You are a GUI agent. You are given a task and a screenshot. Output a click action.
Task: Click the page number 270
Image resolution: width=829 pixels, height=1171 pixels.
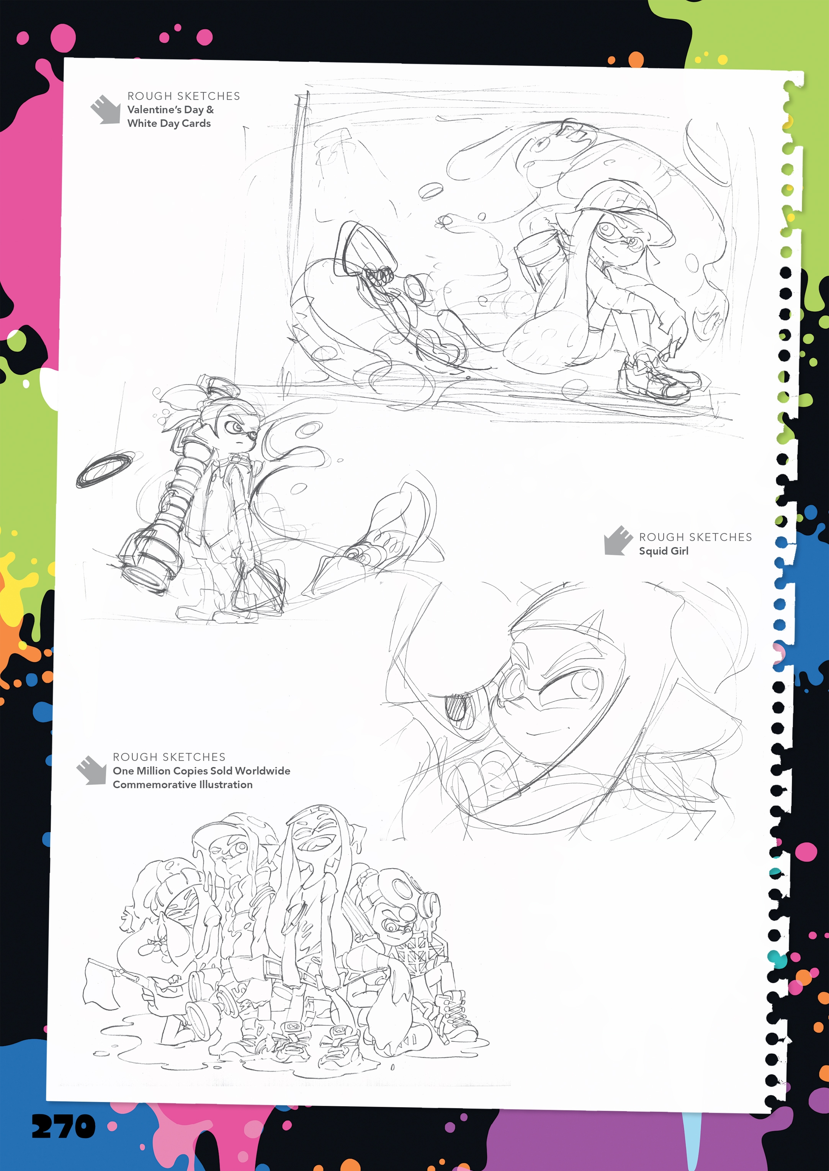(63, 1126)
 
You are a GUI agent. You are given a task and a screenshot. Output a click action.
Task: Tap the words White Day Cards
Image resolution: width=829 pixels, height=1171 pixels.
(169, 124)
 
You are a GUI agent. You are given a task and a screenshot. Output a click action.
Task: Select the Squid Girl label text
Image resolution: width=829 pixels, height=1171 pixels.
(664, 551)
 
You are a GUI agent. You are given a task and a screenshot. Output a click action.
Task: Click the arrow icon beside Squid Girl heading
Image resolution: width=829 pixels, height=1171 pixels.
(618, 540)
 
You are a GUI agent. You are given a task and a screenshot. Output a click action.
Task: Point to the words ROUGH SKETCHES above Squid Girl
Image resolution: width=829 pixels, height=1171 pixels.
(695, 537)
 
